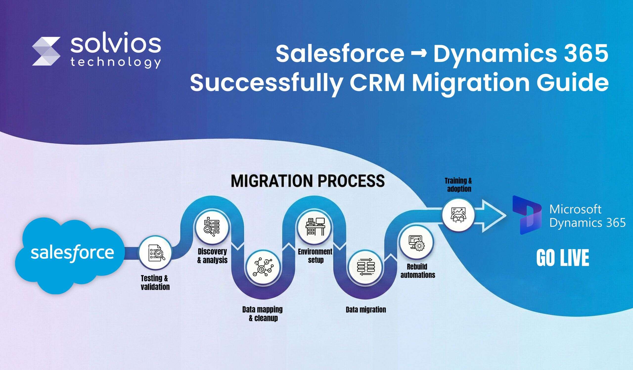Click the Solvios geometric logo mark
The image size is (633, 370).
click(x=46, y=51)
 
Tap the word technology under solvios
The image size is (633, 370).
click(x=115, y=62)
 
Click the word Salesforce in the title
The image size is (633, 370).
click(x=340, y=53)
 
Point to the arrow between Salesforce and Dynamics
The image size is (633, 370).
click(x=419, y=53)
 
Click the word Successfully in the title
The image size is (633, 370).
click(x=267, y=83)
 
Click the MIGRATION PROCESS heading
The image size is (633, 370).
click(x=307, y=181)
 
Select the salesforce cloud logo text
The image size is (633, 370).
click(x=72, y=253)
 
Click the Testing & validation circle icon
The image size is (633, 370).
click(x=156, y=253)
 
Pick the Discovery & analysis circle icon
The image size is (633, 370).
click(x=212, y=227)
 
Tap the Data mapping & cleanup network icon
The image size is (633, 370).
click(x=263, y=267)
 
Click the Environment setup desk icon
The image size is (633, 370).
click(x=315, y=227)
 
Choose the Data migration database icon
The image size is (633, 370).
click(x=365, y=267)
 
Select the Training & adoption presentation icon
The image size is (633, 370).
click(x=458, y=215)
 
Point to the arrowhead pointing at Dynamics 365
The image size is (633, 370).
click(x=494, y=216)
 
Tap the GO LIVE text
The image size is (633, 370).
click(x=563, y=258)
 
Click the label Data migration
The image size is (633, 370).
click(x=366, y=309)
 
